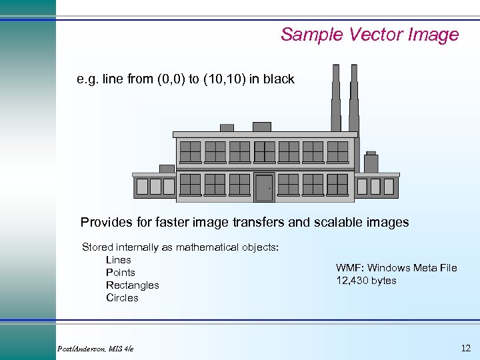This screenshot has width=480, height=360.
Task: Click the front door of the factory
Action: (264, 187)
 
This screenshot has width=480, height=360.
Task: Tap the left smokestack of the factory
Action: (337, 100)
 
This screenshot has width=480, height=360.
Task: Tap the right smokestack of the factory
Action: (354, 100)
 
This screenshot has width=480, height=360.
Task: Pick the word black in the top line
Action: (278, 79)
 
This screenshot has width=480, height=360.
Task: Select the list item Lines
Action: (119, 260)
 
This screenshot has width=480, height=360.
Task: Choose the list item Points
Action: (121, 273)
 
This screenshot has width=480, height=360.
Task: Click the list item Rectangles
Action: (133, 285)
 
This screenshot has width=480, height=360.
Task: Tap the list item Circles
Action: (122, 298)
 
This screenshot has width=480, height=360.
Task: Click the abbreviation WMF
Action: (349, 268)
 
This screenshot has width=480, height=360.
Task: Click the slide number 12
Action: (465, 347)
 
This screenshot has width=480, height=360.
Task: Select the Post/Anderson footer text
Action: (95, 349)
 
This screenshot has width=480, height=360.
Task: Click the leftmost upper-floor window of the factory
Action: (190, 151)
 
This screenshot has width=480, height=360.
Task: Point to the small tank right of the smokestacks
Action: (371, 162)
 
